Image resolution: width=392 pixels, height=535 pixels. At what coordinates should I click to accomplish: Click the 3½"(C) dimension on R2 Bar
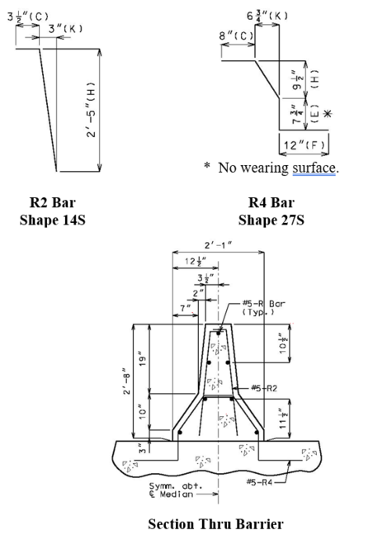(28, 17)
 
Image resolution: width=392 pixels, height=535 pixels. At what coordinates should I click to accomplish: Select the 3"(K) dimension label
(65, 29)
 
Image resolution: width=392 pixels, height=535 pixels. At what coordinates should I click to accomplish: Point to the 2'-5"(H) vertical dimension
(91, 110)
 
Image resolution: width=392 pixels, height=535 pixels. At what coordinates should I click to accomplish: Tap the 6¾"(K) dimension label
(267, 16)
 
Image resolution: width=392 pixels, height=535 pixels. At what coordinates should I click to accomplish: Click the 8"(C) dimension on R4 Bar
(236, 36)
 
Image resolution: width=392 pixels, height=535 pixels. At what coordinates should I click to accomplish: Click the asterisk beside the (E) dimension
(327, 114)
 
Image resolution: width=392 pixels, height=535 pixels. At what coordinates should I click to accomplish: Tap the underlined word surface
(314, 168)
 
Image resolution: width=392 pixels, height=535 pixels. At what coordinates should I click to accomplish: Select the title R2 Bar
(53, 202)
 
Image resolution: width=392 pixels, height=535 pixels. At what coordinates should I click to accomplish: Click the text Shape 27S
(272, 220)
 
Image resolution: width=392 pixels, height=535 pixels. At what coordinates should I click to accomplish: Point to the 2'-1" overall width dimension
(219, 245)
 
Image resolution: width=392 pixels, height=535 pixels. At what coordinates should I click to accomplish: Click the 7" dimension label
(185, 309)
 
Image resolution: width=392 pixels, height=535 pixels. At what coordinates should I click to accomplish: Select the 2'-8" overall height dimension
(126, 381)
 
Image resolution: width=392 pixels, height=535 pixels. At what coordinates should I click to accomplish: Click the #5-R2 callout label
(264, 388)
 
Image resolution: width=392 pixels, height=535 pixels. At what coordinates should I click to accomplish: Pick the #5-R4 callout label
(259, 482)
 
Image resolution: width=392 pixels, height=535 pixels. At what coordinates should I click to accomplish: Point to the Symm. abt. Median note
(176, 490)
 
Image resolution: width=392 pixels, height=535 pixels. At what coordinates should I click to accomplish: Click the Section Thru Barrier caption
(215, 524)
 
